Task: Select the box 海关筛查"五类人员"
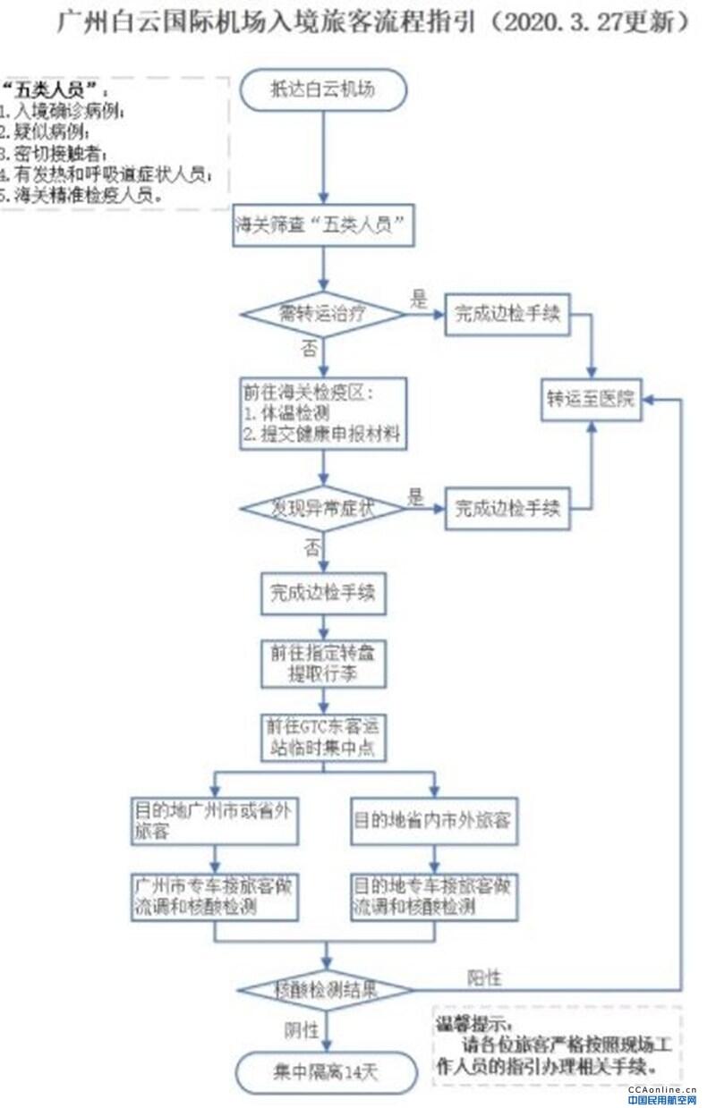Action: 325,228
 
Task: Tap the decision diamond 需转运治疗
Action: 325,314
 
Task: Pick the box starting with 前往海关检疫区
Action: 324,412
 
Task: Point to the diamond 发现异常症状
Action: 325,508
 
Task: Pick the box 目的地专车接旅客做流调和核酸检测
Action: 434,896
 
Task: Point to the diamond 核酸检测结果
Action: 325,990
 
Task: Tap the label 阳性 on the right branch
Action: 484,977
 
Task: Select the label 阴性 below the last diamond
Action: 302,1029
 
